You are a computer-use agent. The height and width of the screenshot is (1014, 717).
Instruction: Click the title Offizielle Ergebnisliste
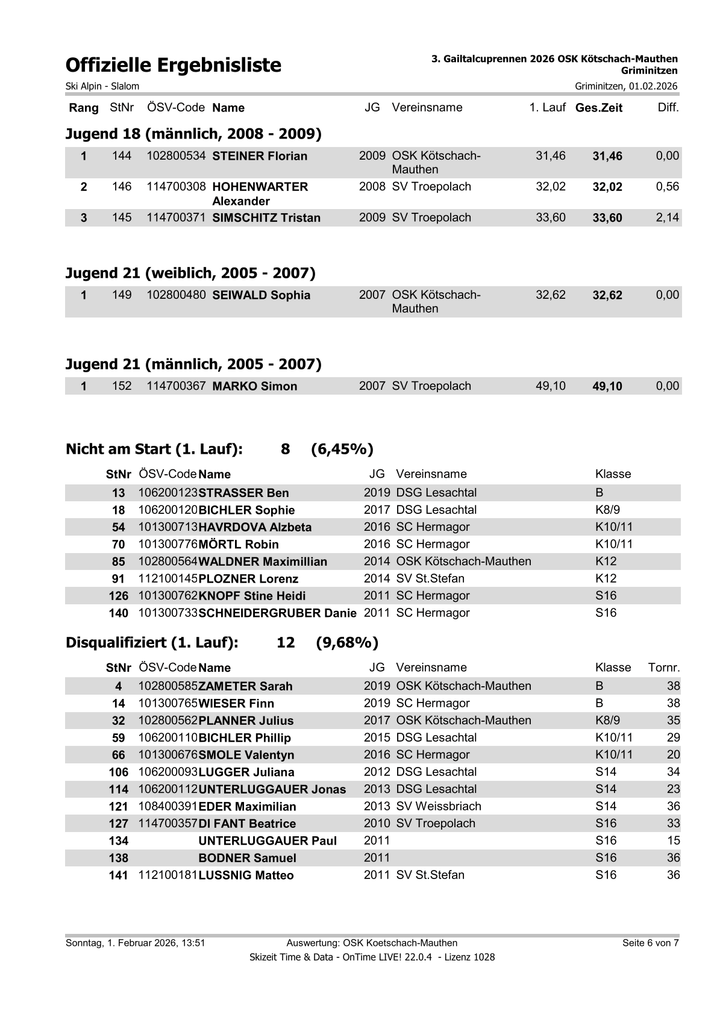pos(174,65)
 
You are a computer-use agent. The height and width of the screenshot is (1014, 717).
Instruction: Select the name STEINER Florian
pos(260,156)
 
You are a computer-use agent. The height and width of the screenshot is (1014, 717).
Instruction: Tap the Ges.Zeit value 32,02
pos(607,187)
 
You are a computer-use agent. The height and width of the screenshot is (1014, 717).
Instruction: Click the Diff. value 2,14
pos(667,218)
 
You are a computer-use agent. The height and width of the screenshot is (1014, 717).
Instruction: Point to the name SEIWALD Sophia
pos(261,295)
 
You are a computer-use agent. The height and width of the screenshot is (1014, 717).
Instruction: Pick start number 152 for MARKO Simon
pos(122,386)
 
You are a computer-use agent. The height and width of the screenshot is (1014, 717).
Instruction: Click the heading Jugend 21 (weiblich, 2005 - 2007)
pos(190,274)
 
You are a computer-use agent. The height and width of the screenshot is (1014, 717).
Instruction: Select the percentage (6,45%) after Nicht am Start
pos(342,449)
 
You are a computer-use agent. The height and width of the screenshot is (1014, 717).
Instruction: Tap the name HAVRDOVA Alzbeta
pos(255,527)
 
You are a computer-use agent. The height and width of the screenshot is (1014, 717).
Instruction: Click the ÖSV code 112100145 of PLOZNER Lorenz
pos(168,579)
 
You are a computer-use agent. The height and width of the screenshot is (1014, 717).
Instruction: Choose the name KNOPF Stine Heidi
pos(252,596)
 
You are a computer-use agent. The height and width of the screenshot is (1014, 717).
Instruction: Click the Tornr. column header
pos(663,668)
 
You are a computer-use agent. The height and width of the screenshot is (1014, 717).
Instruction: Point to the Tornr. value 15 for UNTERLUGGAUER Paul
pos(673,840)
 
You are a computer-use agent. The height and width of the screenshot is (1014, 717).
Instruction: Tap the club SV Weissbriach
pos(439,806)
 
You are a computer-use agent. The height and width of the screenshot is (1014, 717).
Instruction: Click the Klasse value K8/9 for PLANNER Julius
pos(607,721)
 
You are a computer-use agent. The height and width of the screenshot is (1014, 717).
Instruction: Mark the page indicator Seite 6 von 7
pos(650,943)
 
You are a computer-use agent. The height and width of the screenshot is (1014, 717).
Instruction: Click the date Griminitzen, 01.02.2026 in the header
pos(626,86)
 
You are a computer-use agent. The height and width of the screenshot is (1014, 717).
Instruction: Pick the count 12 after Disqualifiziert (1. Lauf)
pos(286,643)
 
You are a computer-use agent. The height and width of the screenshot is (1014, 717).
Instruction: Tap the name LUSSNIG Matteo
pos(246,875)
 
